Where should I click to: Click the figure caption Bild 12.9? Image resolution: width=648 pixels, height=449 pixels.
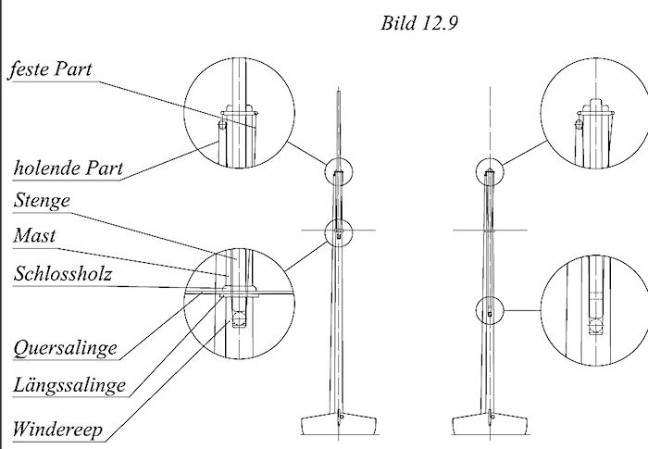pyautogui.click(x=419, y=23)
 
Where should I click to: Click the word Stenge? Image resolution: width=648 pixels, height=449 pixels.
pyautogui.click(x=42, y=199)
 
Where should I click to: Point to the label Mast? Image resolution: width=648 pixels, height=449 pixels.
pyautogui.click(x=34, y=236)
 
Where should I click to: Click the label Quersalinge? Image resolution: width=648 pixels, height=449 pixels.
pyautogui.click(x=65, y=348)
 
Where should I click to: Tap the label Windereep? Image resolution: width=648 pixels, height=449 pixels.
pyautogui.click(x=57, y=430)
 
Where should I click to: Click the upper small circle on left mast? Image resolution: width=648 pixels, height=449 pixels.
pyautogui.click(x=339, y=171)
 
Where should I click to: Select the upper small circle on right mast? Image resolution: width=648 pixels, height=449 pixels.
pyautogui.click(x=488, y=170)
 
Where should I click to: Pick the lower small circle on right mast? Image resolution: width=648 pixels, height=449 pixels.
pyautogui.click(x=489, y=309)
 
